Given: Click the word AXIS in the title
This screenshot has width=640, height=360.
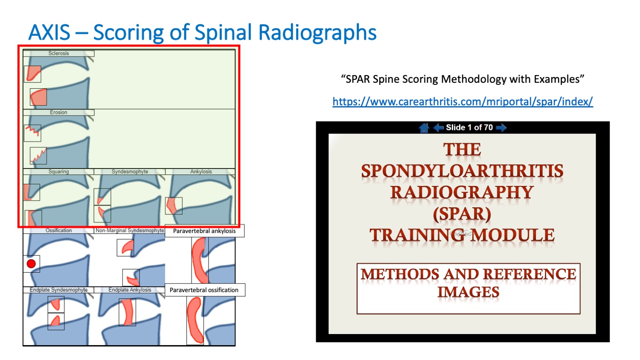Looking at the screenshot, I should pos(49,33).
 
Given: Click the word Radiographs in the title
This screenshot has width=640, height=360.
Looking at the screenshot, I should pos(317,33).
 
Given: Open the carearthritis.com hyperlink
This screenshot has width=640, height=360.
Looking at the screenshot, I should pos(463,102).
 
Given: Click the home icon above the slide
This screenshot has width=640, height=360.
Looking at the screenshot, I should pos(424,128).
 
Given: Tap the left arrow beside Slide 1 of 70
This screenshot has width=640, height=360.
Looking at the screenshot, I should pos(438,128).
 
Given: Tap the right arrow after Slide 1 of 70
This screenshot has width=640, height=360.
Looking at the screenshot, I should pos(501,128).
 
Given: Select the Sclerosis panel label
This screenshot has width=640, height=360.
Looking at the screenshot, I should pos(58,53).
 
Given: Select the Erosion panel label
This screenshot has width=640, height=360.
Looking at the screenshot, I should pos(58,113).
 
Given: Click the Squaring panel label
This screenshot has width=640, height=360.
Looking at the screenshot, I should pos(58,171).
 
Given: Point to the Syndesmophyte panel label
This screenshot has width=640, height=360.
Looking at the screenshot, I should pos(130,171).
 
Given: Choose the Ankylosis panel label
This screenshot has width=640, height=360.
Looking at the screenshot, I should pos(201,171).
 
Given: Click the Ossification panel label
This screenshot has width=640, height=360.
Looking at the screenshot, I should pos(58,230).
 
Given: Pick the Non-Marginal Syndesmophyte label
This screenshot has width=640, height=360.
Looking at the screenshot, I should pos(130,230).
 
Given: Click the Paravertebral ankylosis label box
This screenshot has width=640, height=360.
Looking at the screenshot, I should pos(204,231).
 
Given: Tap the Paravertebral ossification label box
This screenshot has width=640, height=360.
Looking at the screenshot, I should pos(204,290).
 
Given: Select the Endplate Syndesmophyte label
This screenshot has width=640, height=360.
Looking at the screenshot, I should pos(58,290).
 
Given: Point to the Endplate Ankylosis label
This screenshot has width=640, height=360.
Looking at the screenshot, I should pos(130,290).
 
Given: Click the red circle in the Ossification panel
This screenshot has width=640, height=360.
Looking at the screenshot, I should pos(31,264).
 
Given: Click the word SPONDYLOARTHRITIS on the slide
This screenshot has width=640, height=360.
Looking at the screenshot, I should pos(462,171).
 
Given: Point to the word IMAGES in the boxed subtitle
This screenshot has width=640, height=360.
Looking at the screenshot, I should pos(468,292).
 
